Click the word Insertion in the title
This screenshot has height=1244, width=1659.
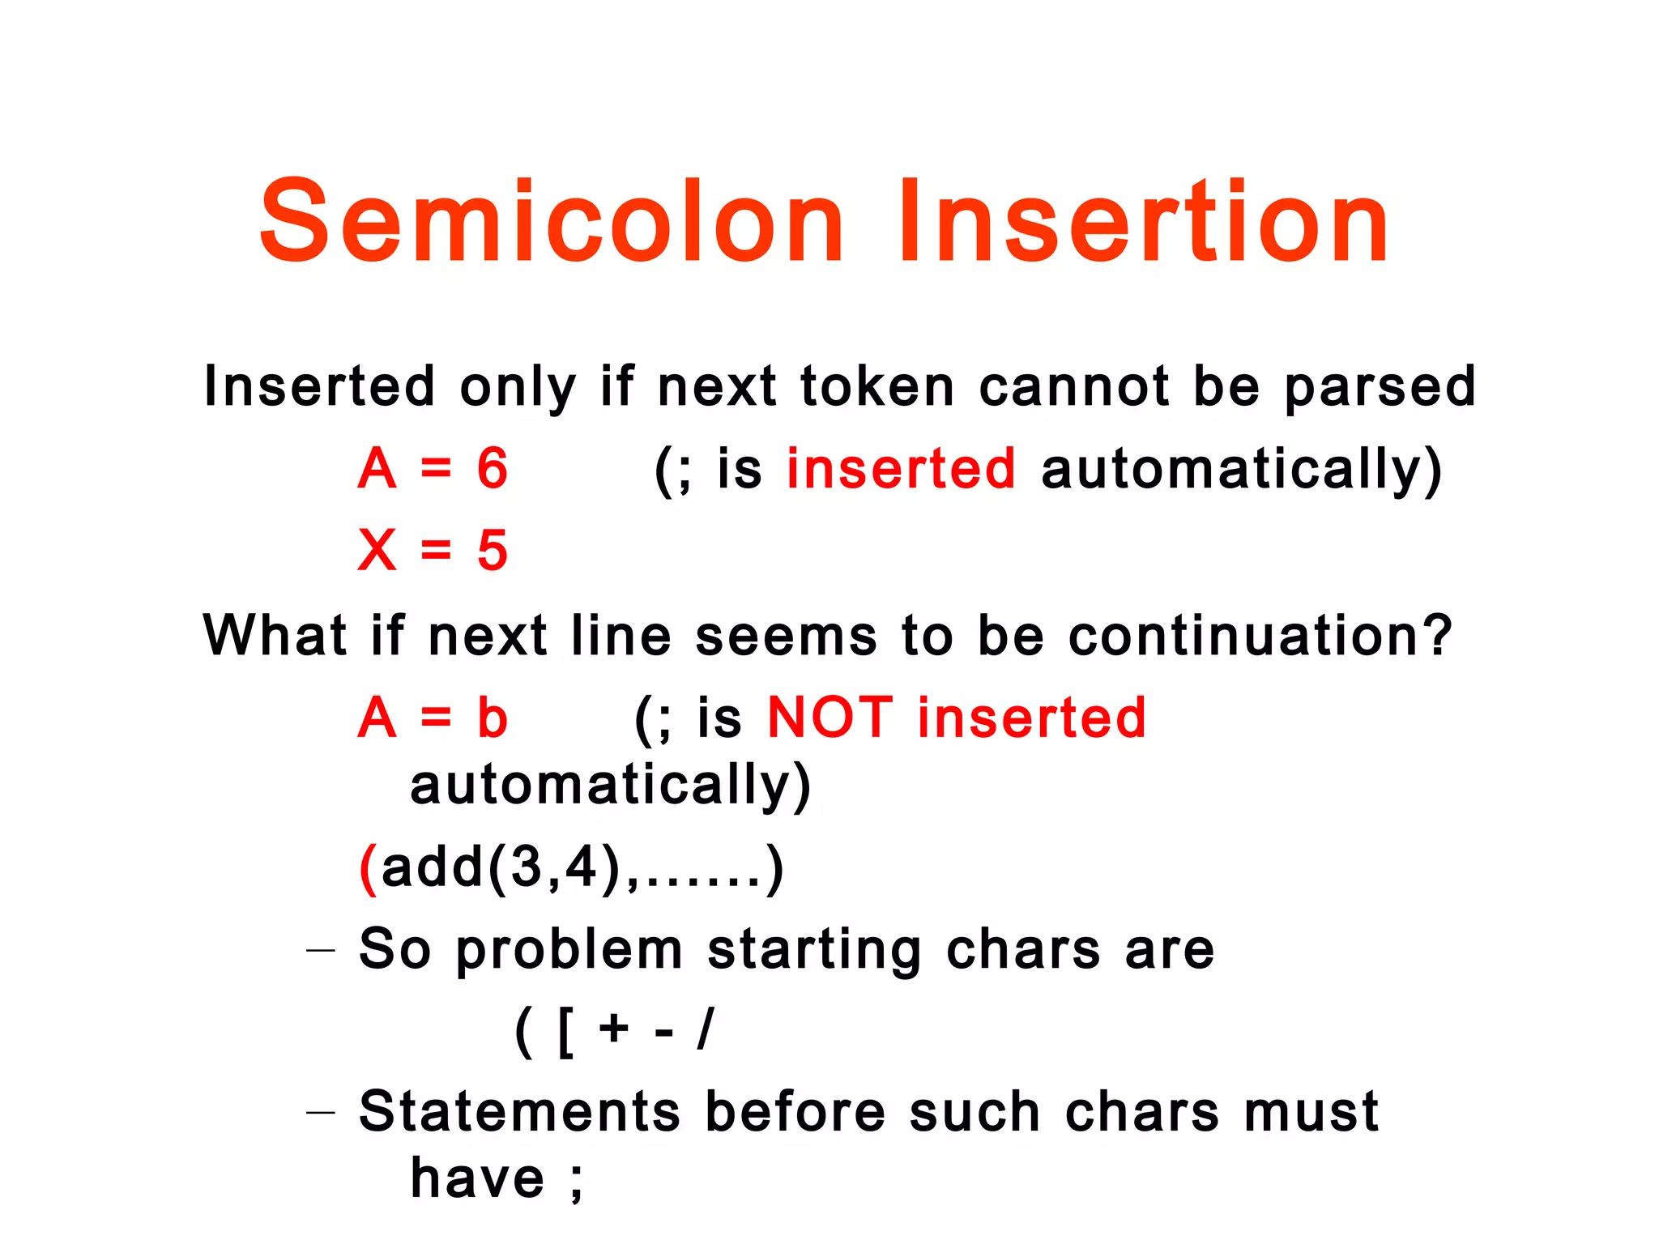[x=1144, y=222]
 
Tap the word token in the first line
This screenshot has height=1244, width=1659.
[x=877, y=387]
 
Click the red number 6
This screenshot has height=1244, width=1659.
[x=493, y=469]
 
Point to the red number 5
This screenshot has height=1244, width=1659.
[x=493, y=551]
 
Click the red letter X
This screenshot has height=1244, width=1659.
[x=377, y=551]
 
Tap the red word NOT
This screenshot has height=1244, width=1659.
[x=829, y=718]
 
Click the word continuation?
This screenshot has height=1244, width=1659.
[x=1260, y=636]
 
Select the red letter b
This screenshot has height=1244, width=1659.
[x=493, y=718]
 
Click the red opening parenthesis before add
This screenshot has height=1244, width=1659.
[x=369, y=868]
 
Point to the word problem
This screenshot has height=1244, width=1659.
[x=569, y=951]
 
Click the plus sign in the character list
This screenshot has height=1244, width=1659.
[x=614, y=1030]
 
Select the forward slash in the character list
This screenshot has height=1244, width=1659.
[x=706, y=1030]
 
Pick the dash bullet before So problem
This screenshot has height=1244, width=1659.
[x=321, y=950]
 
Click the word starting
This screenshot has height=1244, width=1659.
[x=814, y=951]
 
